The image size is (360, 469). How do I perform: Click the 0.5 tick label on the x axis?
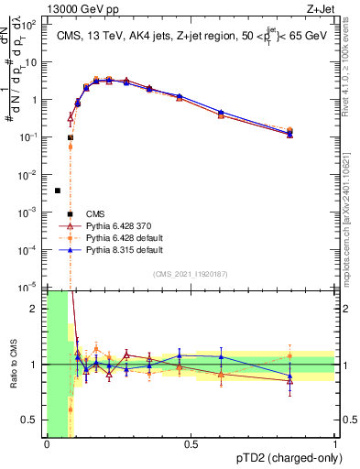click(191, 444)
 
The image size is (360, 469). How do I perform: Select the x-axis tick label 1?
click(335, 444)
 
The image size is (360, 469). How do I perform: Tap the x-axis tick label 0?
click(47, 444)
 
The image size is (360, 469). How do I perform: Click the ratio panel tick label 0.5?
click(30, 420)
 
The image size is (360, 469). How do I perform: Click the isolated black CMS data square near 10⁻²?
click(58, 191)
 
